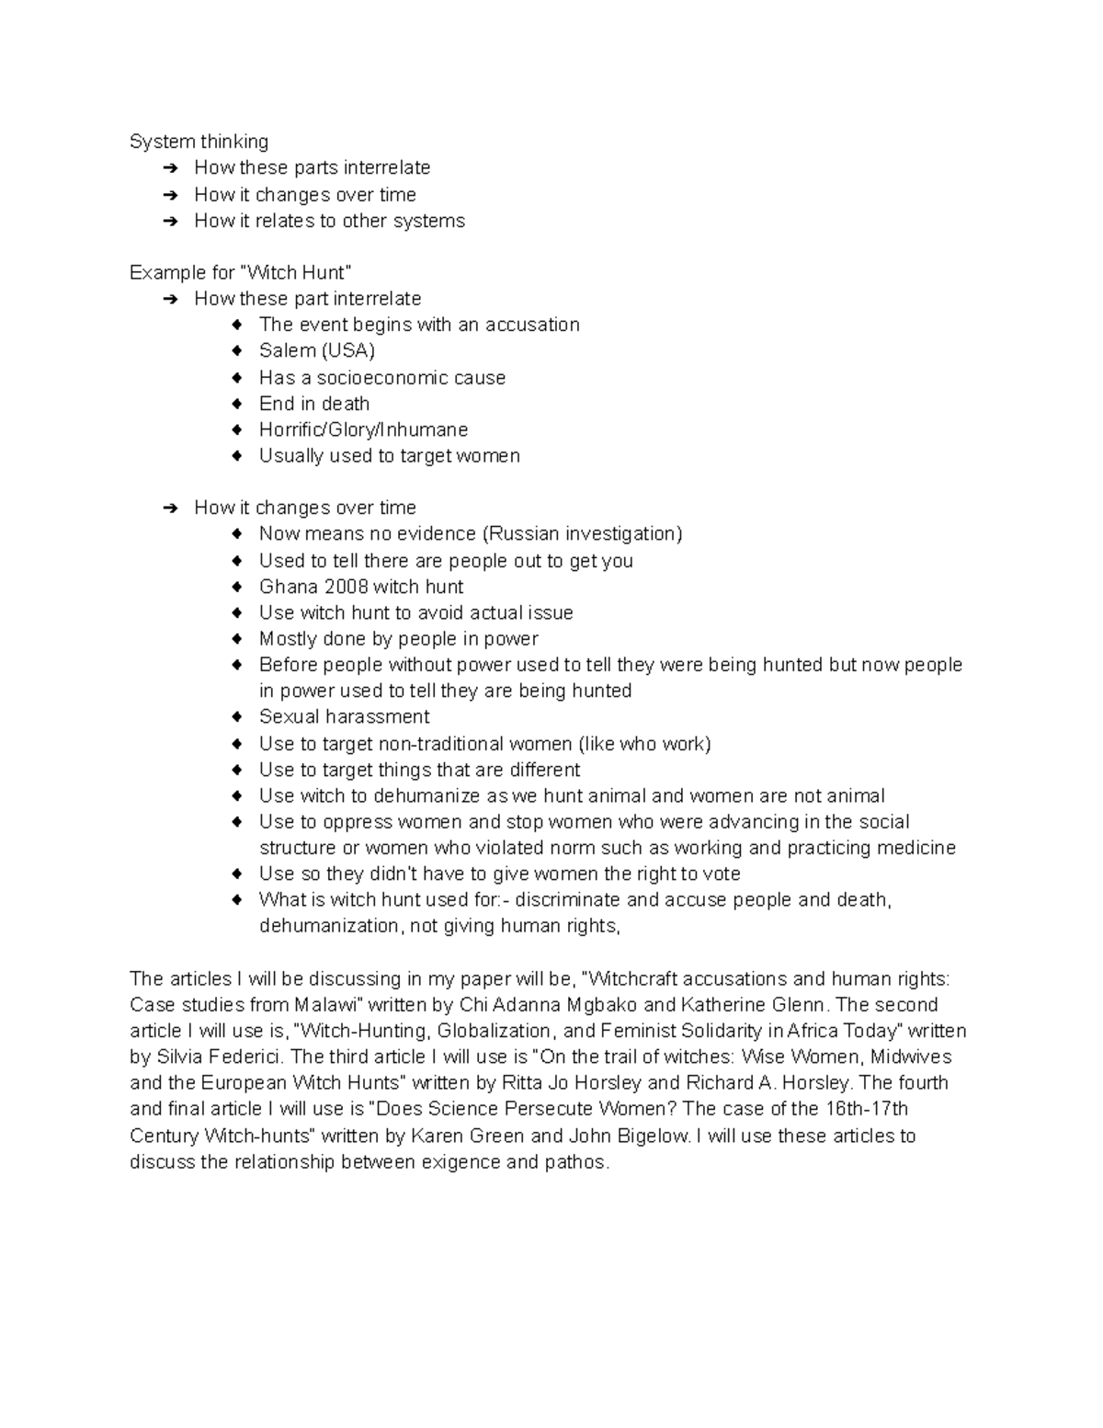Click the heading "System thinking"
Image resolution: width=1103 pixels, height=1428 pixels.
coord(199,142)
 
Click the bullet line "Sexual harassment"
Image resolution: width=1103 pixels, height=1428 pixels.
coord(344,716)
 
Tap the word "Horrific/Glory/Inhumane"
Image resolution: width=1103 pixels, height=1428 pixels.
coord(363,429)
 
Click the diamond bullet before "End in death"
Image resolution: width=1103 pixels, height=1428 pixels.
coord(238,404)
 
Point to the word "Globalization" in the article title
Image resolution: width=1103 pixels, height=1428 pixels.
coord(495,1031)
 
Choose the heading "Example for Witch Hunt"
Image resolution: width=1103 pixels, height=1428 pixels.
coord(240,272)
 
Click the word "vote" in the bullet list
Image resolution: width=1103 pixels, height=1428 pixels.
coord(721,874)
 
